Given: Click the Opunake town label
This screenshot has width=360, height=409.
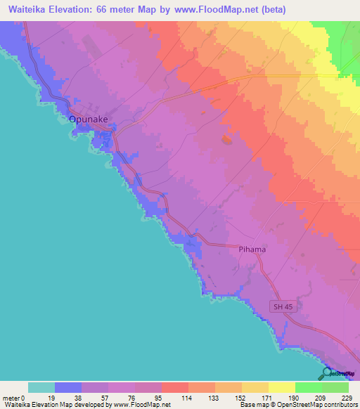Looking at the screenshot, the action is [x=88, y=119].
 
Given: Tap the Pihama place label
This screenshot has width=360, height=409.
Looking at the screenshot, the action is [x=251, y=249].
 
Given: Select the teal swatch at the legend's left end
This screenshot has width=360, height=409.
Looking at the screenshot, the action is [x=41, y=387].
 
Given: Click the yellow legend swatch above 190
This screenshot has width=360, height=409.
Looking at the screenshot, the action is [x=281, y=387].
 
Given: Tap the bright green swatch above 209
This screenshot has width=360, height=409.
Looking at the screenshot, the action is [x=308, y=387].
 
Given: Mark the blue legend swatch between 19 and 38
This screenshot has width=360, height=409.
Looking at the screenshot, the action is [x=68, y=387].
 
